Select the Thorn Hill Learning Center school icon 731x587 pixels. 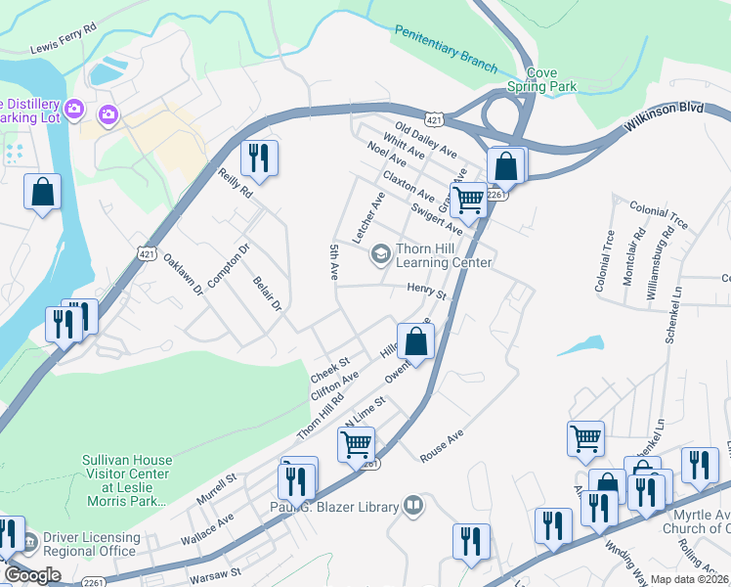tap(379, 255)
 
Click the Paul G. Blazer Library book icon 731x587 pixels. tap(414, 506)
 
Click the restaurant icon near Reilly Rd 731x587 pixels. tap(259, 158)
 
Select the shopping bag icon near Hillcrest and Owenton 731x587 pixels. tap(415, 342)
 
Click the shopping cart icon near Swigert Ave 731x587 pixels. tap(469, 200)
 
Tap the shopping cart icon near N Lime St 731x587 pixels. tap(356, 444)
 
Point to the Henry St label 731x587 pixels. tap(426, 291)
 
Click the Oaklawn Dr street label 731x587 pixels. tap(183, 275)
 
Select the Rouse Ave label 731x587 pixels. tap(441, 445)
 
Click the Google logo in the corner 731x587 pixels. tap(31, 575)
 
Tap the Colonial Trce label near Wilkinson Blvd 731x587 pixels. tap(659, 216)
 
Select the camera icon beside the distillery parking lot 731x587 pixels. tap(107, 114)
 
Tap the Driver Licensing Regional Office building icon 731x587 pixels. tap(30, 539)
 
